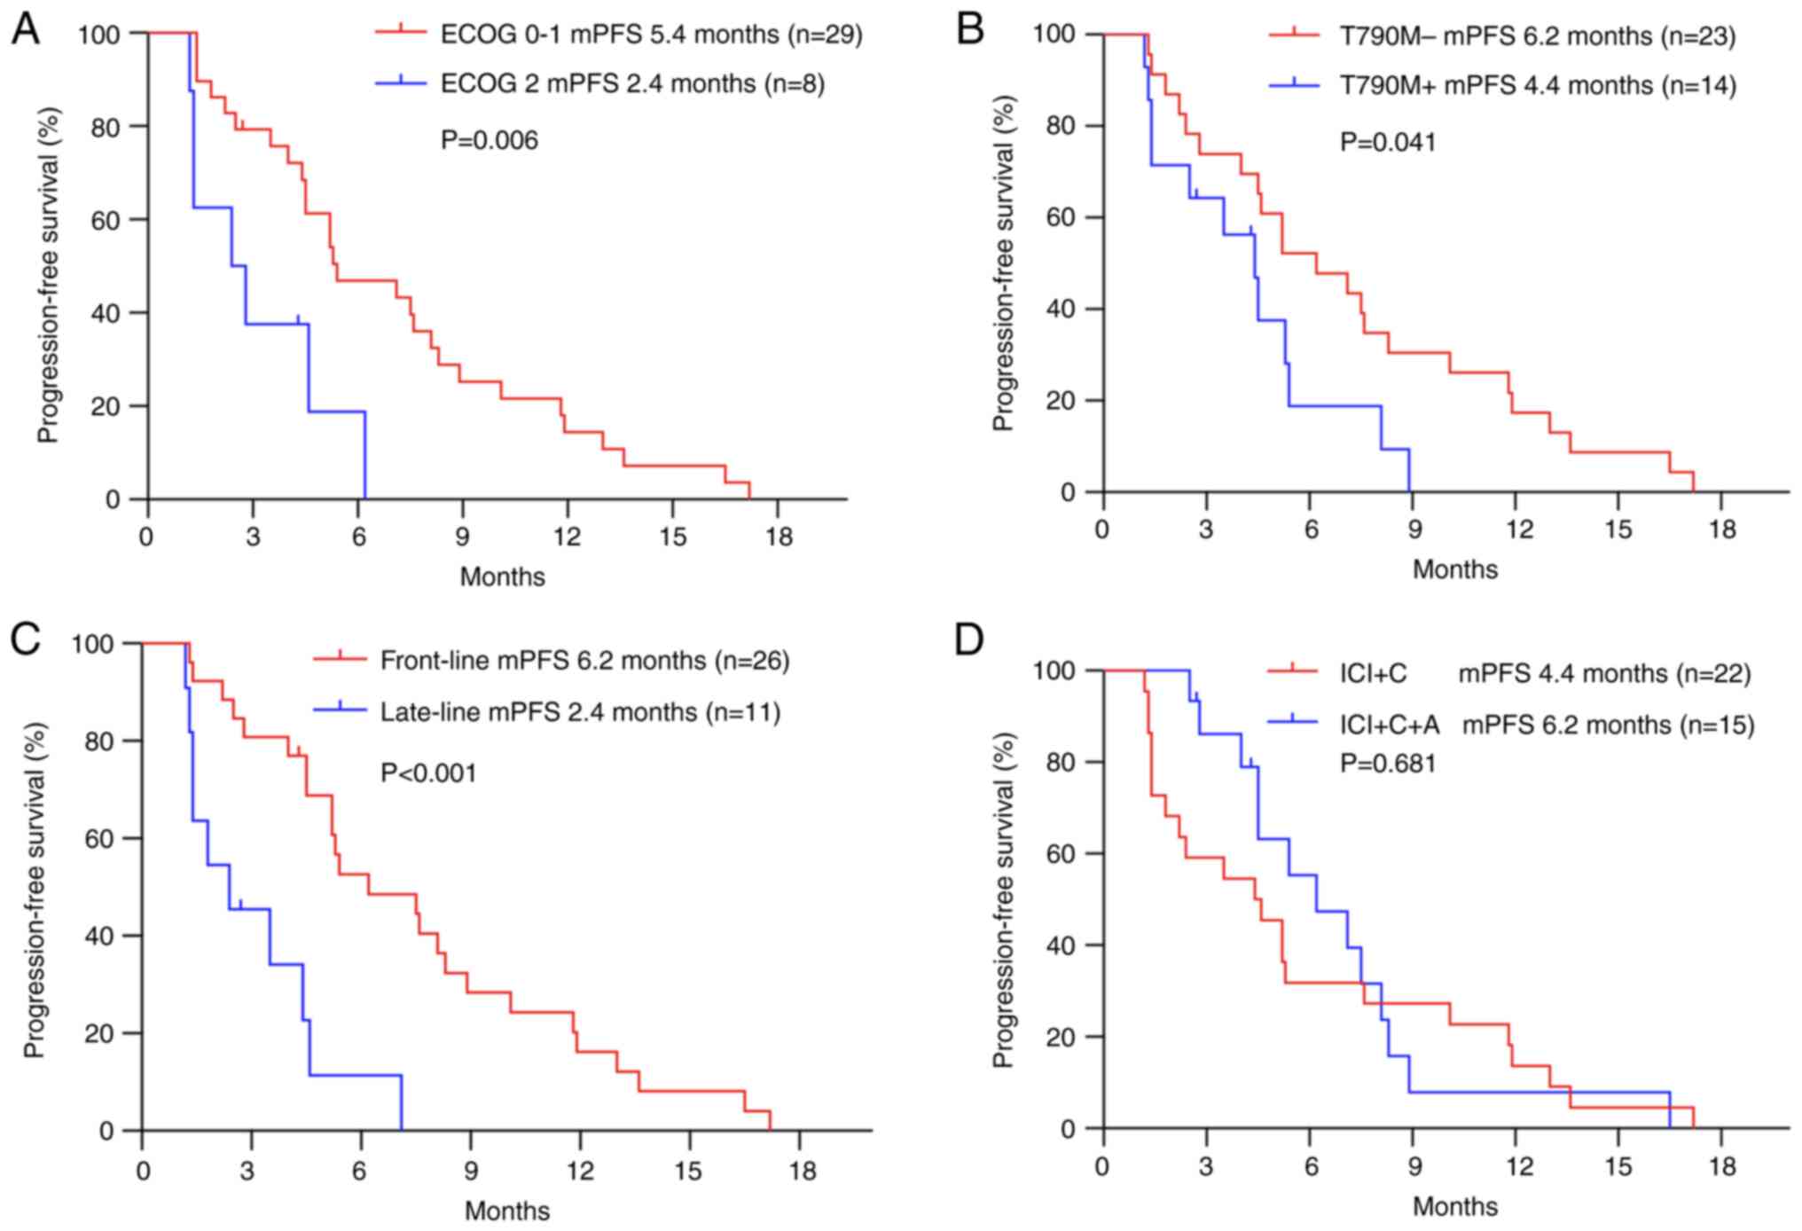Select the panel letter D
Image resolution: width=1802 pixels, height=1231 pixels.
click(968, 639)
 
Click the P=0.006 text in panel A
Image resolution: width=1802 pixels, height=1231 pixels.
click(490, 140)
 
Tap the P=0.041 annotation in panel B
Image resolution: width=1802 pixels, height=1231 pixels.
click(1388, 142)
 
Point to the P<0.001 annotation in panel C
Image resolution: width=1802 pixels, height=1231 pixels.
click(428, 773)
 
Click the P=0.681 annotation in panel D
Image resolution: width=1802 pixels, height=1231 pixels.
click(1388, 763)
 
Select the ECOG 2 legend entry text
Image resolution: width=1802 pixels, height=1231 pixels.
click(632, 84)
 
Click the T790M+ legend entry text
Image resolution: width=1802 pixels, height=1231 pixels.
click(1538, 86)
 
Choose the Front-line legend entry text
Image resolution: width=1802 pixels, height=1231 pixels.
click(584, 661)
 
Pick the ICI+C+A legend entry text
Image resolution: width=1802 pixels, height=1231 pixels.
click(1547, 725)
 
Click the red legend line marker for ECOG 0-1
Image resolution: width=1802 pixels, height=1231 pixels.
click(402, 34)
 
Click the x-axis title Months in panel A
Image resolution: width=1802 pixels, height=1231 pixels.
click(502, 576)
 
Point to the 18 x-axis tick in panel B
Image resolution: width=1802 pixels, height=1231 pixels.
click(1721, 529)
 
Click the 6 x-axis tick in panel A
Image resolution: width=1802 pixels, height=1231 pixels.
click(358, 537)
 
